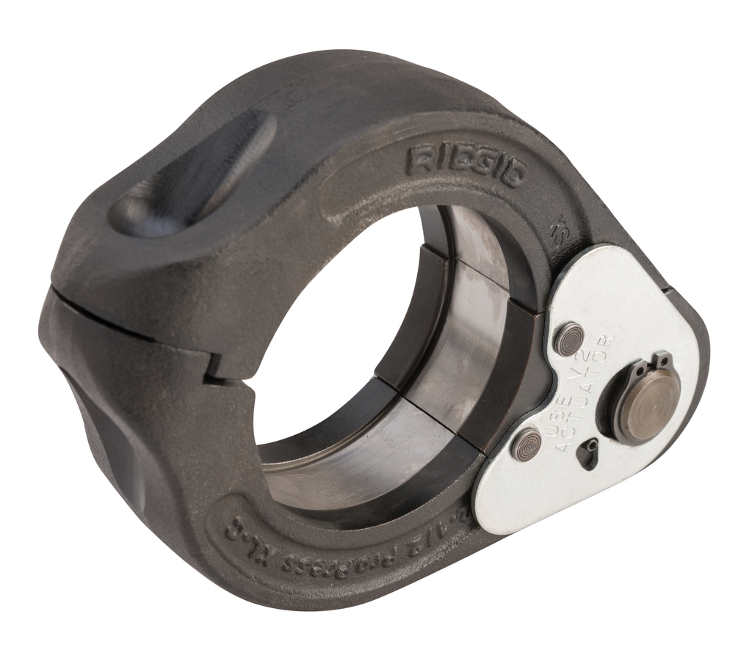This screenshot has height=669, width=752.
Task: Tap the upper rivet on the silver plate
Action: pos(568,340)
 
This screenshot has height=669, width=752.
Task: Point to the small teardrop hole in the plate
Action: pos(587,456)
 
